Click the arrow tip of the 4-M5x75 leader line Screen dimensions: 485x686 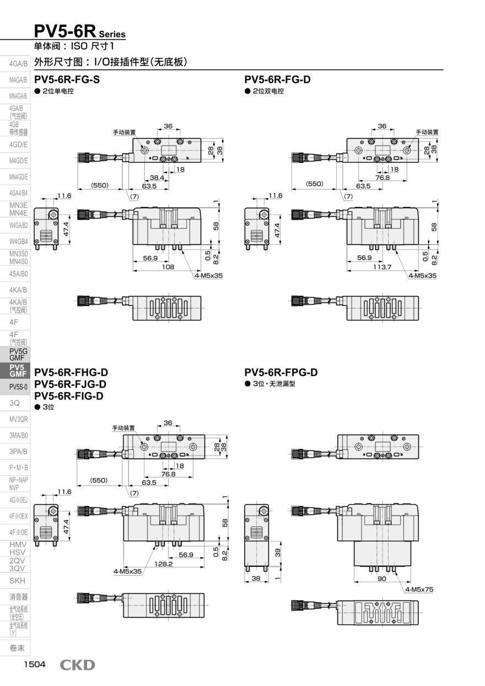tap(395, 571)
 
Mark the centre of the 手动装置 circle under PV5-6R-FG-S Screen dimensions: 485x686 tap(144, 151)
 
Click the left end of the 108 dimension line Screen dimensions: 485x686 tap(133, 271)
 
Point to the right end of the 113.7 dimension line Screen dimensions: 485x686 tap(419, 271)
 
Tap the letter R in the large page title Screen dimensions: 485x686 tap(89, 31)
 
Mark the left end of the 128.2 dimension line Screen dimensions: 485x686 tap(123, 567)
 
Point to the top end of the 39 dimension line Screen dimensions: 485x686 tap(281, 542)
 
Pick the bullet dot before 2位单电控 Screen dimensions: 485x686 tap(37, 91)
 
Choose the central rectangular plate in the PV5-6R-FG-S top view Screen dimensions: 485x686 tap(168, 151)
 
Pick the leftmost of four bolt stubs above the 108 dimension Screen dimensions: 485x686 tap(157, 247)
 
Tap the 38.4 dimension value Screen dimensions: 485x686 tap(157, 178)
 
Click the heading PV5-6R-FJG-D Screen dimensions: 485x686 tap(70, 384)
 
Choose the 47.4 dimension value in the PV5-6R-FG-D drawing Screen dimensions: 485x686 tap(277, 230)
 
